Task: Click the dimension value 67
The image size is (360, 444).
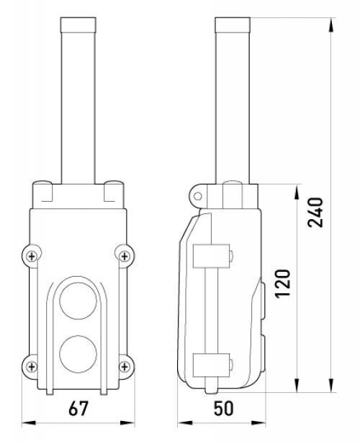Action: [78, 408]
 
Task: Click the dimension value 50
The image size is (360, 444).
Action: [223, 408]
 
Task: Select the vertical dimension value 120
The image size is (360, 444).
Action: [283, 283]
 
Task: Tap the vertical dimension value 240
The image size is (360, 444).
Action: [315, 213]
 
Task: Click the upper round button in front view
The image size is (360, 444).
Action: [78, 301]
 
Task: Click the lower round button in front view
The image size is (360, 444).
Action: [78, 354]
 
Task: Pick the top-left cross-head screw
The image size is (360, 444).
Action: [32, 257]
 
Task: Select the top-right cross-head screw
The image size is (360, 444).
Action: [125, 257]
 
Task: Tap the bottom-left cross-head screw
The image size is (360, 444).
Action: [32, 367]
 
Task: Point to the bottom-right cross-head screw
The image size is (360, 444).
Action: [125, 367]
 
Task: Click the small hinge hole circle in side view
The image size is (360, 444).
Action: [198, 196]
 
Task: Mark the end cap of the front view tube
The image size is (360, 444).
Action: [78, 25]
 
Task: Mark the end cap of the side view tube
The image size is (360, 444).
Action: [233, 25]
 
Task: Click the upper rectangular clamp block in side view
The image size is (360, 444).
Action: [211, 256]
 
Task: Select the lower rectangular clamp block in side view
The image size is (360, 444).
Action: [211, 365]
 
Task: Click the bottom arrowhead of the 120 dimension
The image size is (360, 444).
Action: [297, 385]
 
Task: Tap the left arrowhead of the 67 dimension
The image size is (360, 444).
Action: [29, 423]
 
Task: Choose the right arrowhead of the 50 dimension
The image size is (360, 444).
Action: [258, 423]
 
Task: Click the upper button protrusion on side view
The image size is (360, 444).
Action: [263, 301]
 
